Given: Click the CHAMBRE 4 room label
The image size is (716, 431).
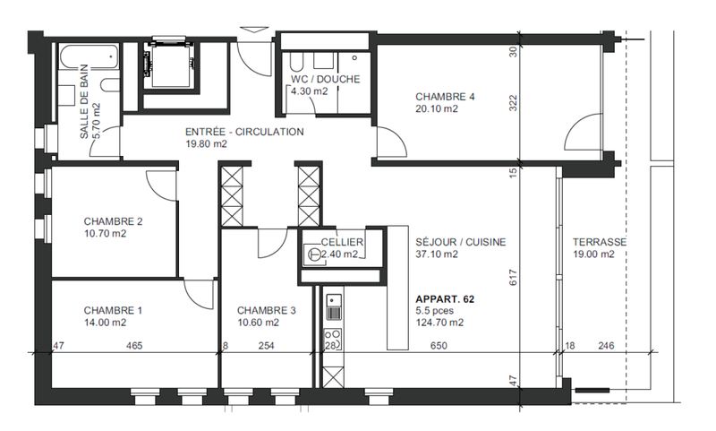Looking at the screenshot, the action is pos(445,97).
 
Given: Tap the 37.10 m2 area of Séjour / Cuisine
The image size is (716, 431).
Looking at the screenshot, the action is pos(437,254).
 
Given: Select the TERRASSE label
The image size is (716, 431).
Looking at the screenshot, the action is pos(600,242).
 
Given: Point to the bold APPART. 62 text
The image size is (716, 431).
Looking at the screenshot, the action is pos(445,299).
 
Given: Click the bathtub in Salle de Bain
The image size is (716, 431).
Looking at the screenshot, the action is pos(89,56).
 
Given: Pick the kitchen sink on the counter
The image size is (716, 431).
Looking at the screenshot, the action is pos(334,306).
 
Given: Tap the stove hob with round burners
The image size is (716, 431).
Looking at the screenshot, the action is pos(333,339).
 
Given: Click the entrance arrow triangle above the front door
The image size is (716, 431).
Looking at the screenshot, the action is pos(254,30).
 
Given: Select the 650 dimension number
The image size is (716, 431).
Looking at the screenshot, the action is pos(439,346).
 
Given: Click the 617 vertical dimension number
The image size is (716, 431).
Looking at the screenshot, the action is pos(513,278).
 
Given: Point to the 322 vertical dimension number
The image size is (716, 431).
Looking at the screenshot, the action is pos(513,103).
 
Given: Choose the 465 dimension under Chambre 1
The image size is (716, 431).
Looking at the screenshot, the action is pos(134,346).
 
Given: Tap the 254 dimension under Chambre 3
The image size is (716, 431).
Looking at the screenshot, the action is pos(266,346).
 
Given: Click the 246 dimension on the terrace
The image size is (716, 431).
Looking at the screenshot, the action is pos(607,346).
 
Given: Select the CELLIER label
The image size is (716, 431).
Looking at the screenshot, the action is pos(342,242).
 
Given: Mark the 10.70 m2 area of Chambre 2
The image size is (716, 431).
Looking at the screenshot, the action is pos(105,234).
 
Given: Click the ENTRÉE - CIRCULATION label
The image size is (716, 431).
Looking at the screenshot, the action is pos(244,132).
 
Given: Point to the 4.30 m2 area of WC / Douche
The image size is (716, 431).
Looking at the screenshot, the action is pos(310,91).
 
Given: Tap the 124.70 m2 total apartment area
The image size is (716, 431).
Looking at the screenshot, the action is pos(439,323).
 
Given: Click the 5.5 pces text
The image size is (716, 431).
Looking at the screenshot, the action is pos(435,311).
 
